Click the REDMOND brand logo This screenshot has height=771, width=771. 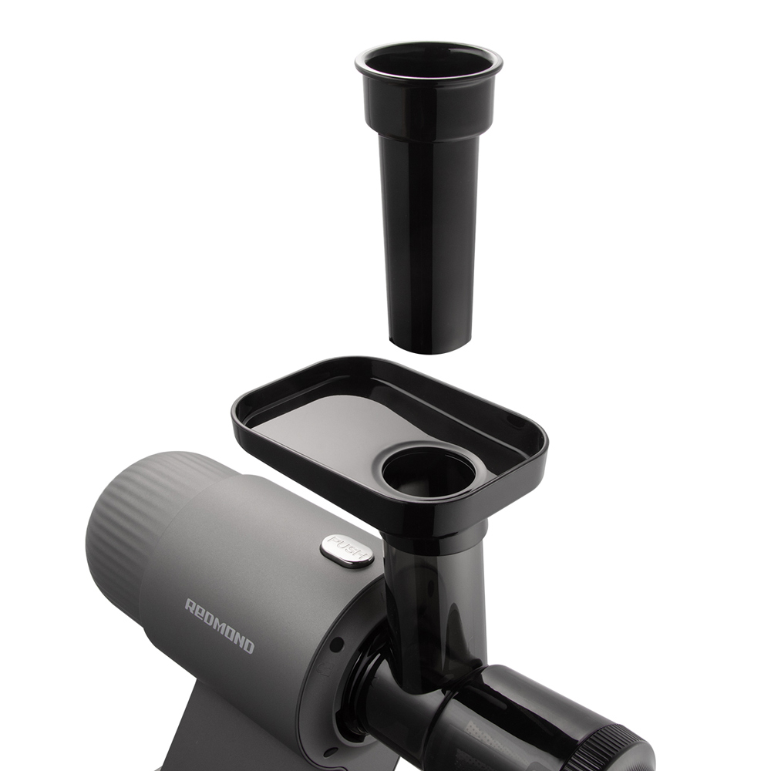pyautogui.click(x=220, y=625)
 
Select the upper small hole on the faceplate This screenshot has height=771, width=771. pyautogui.click(x=338, y=644)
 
